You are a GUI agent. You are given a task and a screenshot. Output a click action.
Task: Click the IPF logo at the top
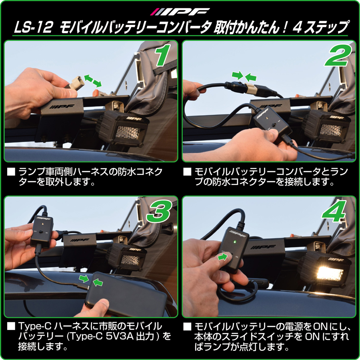[180, 11]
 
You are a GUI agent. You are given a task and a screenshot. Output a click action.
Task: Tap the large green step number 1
[162, 56]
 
